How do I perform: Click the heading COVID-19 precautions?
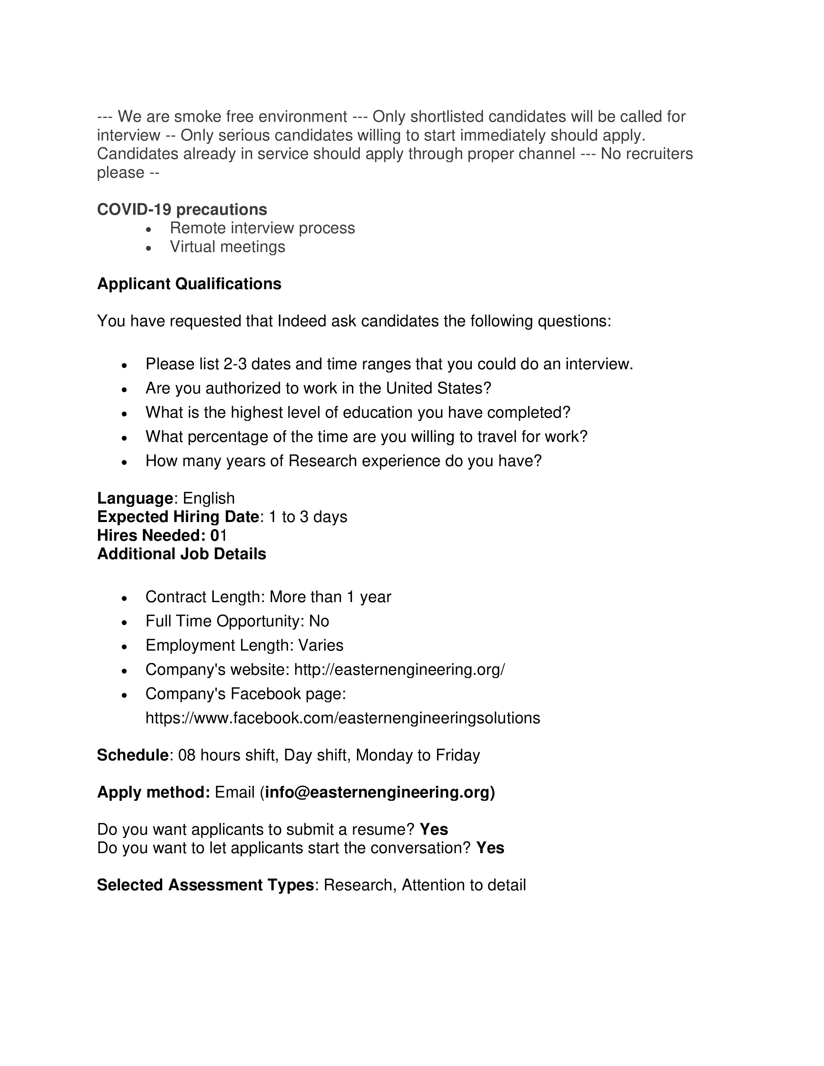182,209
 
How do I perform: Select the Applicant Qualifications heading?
189,284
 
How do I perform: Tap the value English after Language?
208,498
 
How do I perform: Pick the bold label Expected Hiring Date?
178,517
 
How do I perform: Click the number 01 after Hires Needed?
219,536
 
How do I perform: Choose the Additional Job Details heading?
182,554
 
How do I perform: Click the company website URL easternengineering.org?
399,669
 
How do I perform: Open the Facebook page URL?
343,718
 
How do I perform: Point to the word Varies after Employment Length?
321,645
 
